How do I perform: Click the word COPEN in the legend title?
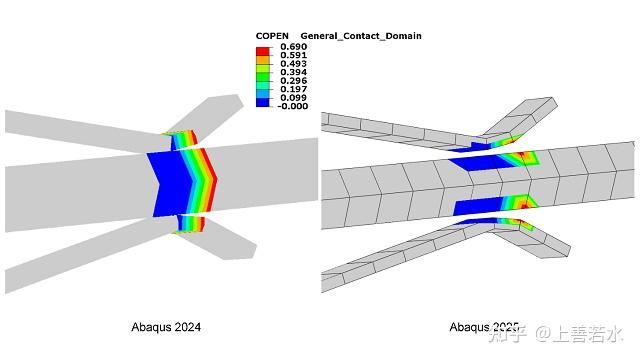pyautogui.click(x=272, y=36)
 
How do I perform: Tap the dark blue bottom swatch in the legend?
pyautogui.click(x=262, y=102)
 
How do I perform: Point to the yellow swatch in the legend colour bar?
pyautogui.click(x=262, y=66)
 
